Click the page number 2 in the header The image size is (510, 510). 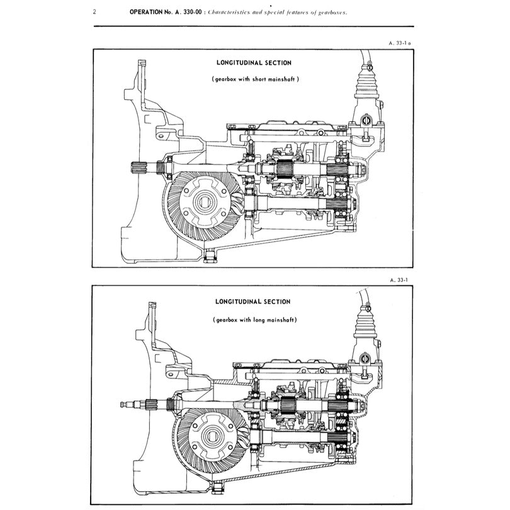coord(94,12)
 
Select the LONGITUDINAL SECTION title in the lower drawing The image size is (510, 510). coord(253,302)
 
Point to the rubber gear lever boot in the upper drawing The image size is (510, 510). coord(367,85)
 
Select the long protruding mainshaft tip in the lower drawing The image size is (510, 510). coord(123,403)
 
